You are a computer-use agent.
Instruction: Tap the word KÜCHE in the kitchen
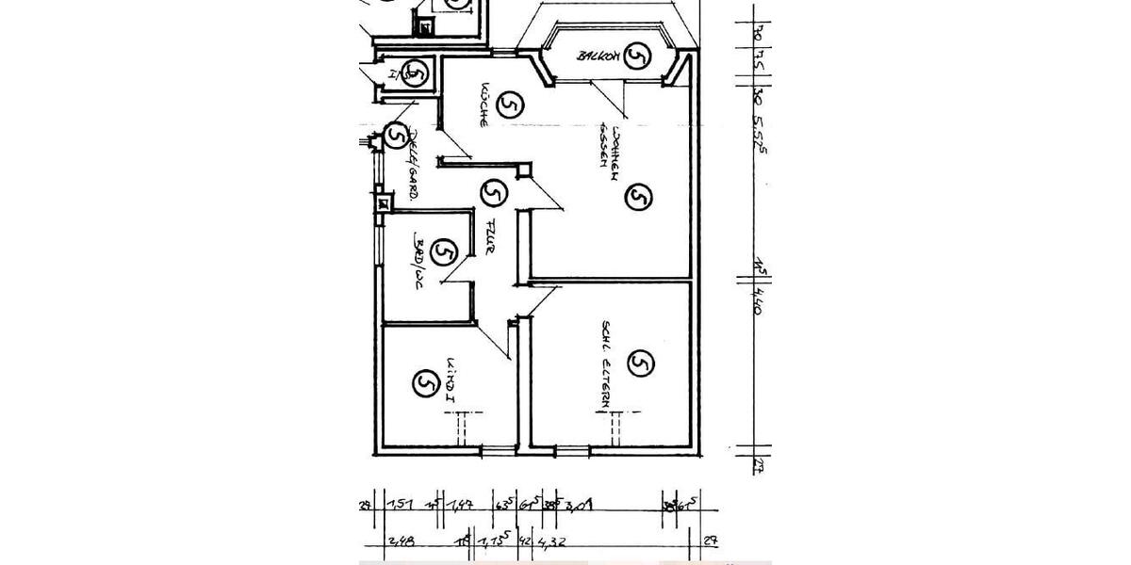coord(483,105)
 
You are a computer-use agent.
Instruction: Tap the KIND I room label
coord(451,380)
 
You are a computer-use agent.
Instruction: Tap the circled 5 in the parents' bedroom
coord(640,363)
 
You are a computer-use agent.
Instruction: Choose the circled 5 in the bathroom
coord(443,251)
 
